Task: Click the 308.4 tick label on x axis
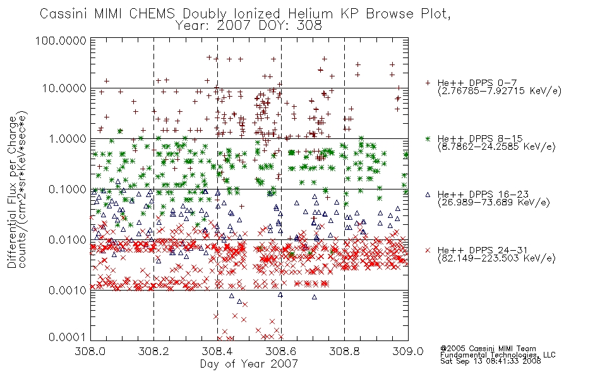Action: click(217, 351)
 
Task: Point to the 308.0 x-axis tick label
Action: click(90, 351)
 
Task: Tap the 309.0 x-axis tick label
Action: click(408, 351)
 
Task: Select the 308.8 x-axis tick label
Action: click(344, 351)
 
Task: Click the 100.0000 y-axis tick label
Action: click(61, 40)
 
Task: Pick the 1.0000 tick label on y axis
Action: click(68, 138)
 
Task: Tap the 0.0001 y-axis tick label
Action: click(68, 337)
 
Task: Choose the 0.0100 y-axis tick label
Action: click(68, 240)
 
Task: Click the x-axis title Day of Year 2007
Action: click(249, 364)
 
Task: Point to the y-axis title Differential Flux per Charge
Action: click(12, 192)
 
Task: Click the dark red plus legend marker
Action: click(428, 83)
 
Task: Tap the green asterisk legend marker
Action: click(428, 138)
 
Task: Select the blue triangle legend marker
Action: click(428, 195)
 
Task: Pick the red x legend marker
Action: click(428, 250)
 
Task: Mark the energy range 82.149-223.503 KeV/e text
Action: click(496, 258)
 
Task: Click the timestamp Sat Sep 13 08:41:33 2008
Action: click(491, 361)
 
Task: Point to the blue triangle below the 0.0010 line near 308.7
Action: click(314, 297)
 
